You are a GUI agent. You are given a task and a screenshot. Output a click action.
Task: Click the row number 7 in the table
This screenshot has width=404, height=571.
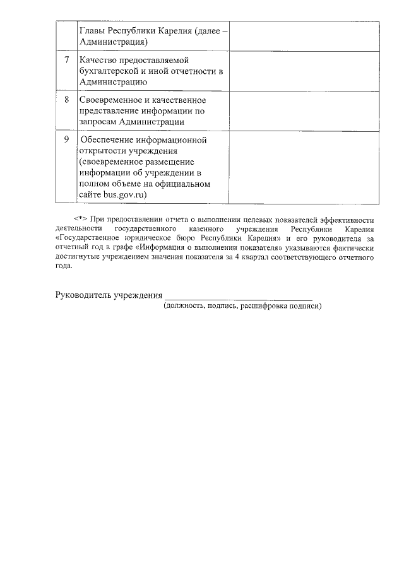67,59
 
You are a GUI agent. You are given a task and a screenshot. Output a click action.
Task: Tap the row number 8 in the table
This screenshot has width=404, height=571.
67,100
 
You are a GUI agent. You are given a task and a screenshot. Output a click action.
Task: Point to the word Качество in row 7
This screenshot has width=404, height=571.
98,59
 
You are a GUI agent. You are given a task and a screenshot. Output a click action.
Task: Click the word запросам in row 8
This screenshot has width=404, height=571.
98,122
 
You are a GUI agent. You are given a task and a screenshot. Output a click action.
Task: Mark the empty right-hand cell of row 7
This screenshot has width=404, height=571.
304,71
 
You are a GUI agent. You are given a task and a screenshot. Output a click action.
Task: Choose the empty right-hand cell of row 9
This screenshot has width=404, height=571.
304,167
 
